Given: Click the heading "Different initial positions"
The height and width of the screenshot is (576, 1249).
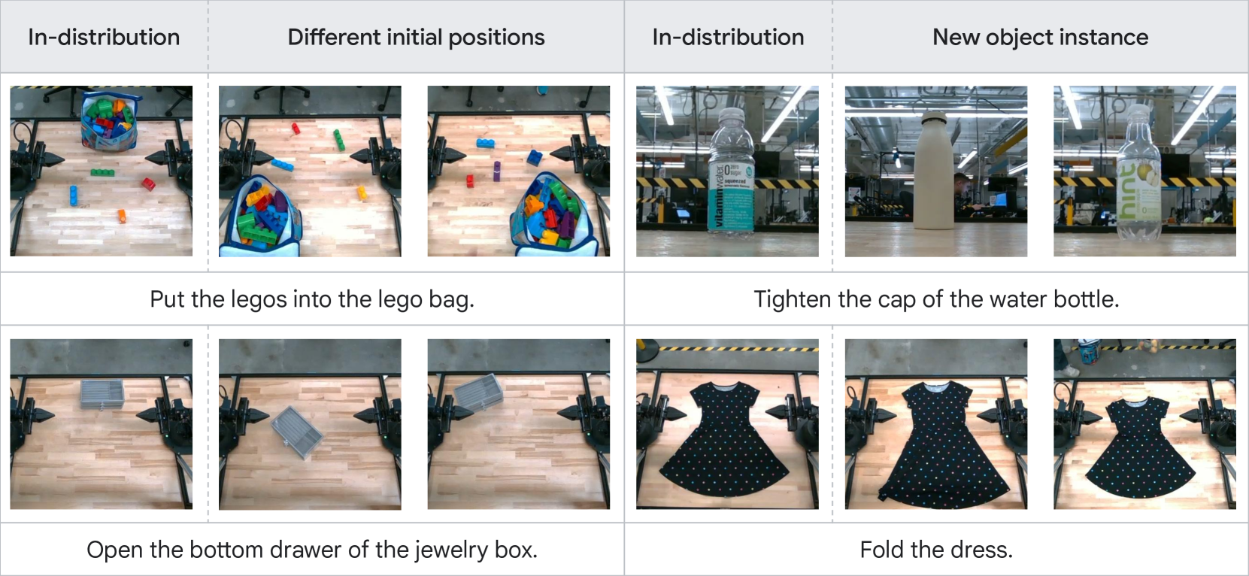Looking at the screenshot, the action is point(416,38).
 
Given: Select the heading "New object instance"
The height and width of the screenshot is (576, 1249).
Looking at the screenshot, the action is point(1041,38).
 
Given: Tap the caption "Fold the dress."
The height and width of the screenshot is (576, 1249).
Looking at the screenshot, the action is point(936,550).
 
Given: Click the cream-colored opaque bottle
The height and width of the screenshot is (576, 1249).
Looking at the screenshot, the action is point(935,170).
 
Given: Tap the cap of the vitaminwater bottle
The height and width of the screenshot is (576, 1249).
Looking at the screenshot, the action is point(732,115).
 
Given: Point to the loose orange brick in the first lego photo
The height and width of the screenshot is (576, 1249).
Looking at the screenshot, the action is point(122,216).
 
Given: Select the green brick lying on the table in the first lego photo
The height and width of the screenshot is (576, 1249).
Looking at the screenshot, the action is point(102,173).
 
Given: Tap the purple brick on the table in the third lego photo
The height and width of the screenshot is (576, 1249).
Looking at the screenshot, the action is point(496,171).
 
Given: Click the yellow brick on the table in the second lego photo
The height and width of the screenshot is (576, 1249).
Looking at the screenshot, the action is point(362,193).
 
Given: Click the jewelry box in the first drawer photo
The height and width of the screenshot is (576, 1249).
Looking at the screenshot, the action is point(102,394).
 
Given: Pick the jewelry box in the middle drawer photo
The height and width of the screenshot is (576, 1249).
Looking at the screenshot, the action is point(296,432).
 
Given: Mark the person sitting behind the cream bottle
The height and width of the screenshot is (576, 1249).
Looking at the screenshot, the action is point(963,193).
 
